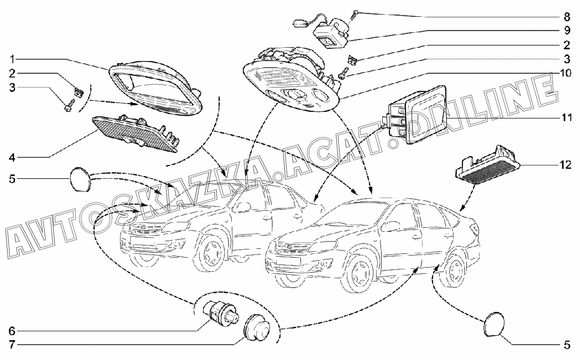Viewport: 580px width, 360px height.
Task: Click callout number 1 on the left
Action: [x=13, y=59]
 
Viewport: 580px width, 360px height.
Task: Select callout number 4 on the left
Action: [x=13, y=157]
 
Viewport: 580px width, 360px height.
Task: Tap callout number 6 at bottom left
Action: [x=13, y=330]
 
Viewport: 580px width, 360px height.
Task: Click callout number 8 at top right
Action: [x=567, y=17]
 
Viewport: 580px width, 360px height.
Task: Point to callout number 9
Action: [x=567, y=31]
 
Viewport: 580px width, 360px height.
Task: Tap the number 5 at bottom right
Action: [x=567, y=345]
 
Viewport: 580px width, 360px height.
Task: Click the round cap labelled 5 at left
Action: [x=80, y=179]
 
